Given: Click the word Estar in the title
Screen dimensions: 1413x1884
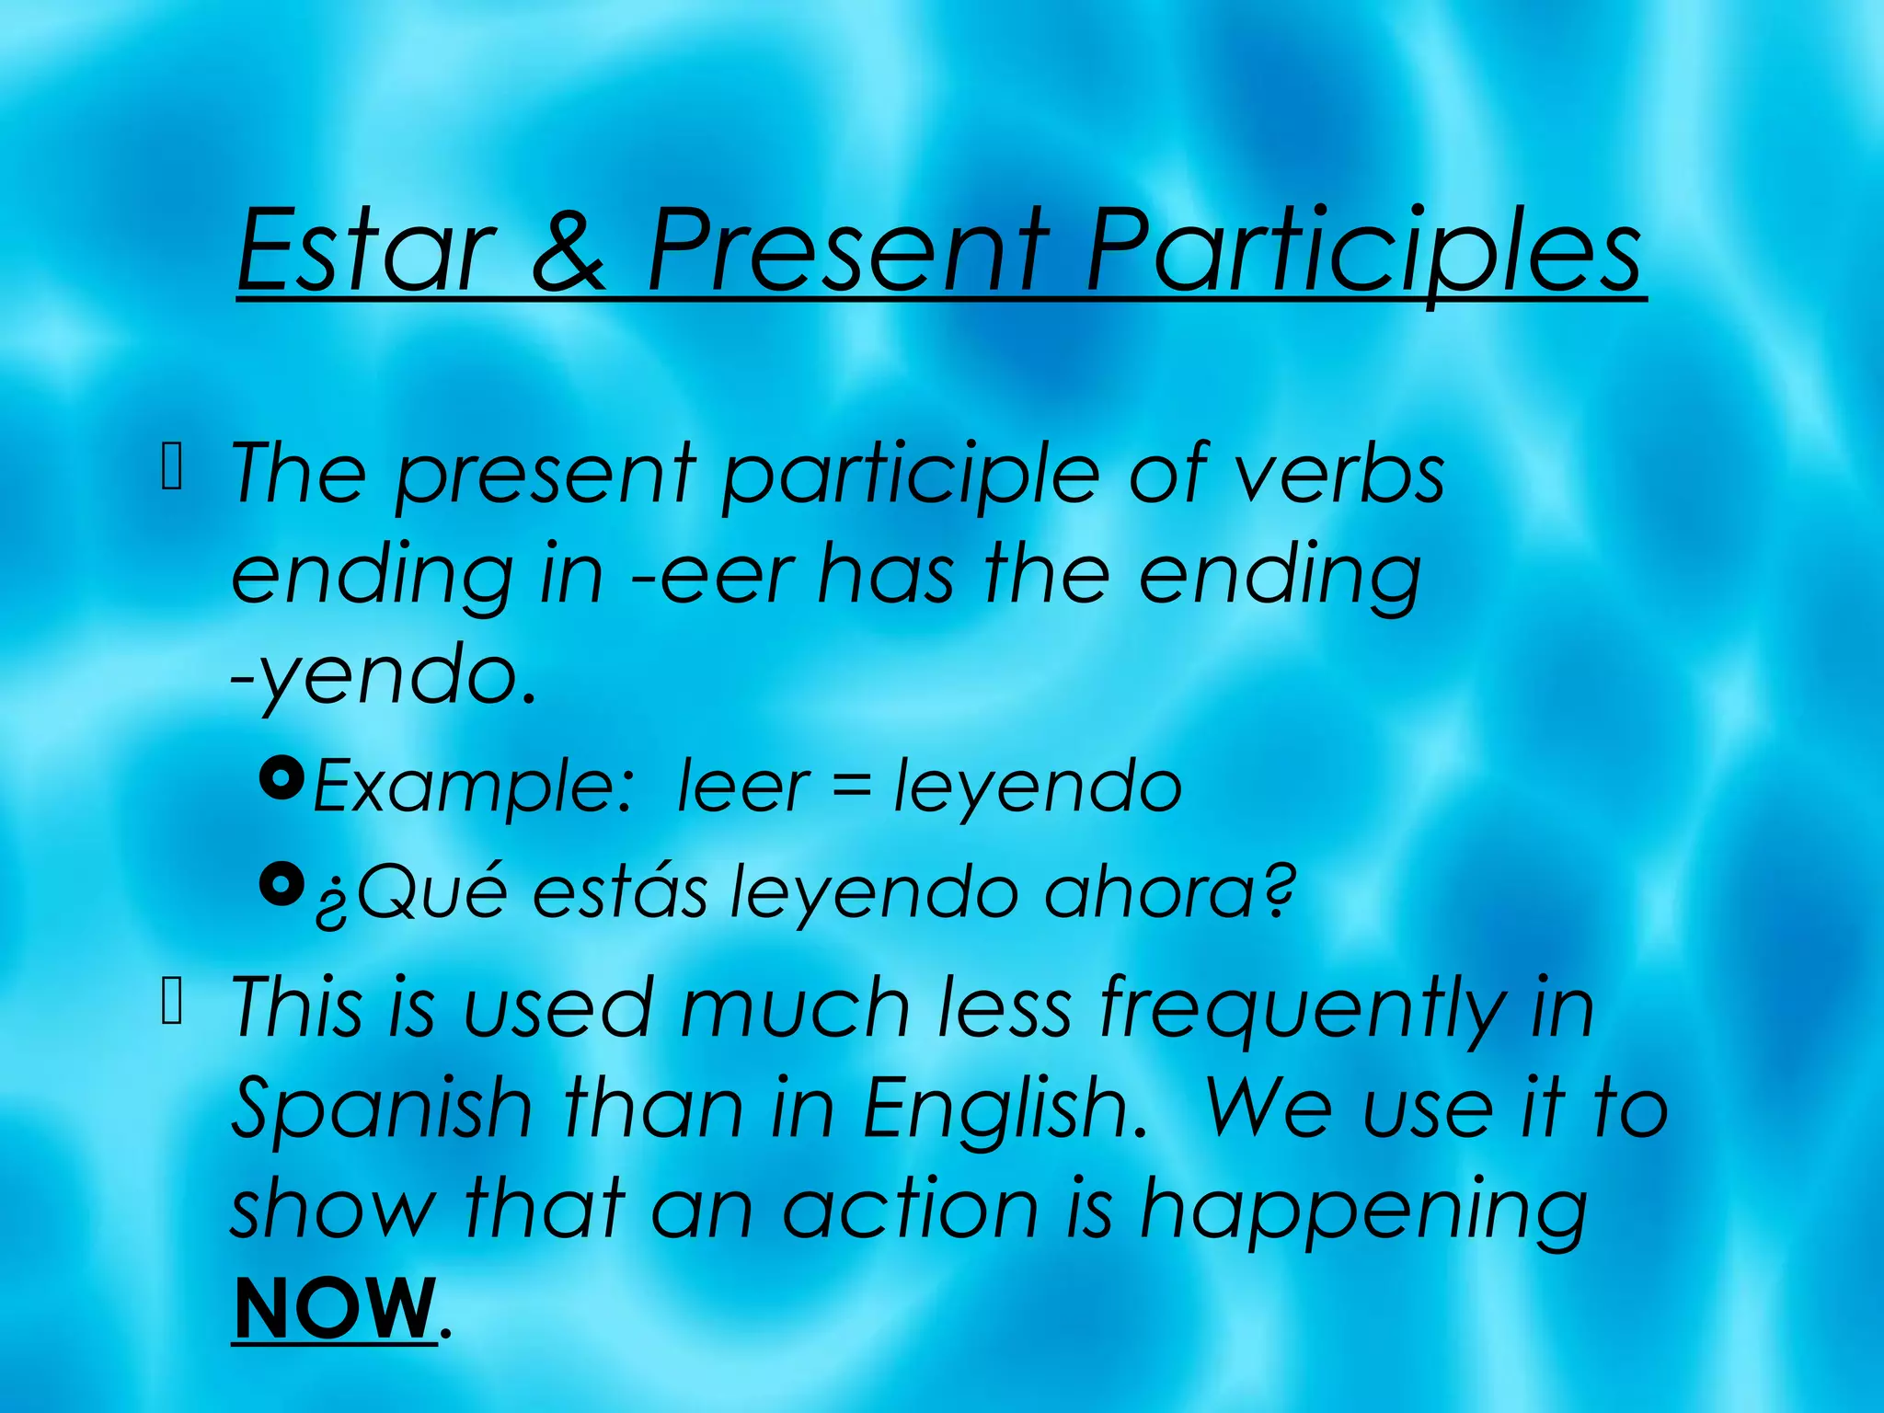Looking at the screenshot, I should tap(363, 250).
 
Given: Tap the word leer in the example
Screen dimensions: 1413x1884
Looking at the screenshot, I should tap(743, 787).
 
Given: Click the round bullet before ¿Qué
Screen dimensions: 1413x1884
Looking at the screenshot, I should tap(282, 884).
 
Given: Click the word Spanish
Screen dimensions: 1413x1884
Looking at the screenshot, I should tap(382, 1109).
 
